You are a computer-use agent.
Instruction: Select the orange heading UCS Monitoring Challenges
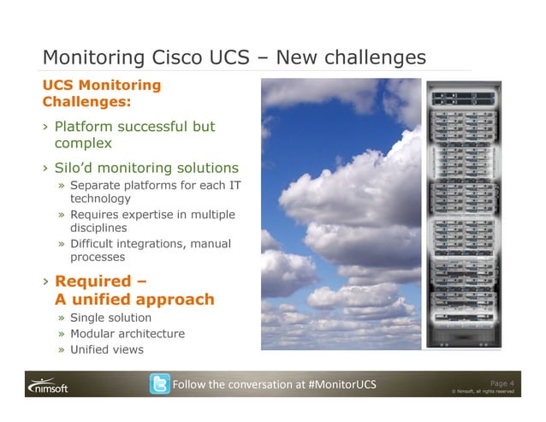pos(102,93)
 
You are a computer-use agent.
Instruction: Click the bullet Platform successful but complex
pos(134,135)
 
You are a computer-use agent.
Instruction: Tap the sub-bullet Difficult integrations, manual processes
pos(150,250)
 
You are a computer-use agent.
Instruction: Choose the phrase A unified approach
pos(134,300)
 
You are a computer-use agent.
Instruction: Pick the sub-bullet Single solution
pos(110,318)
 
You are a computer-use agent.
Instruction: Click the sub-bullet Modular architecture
pos(127,334)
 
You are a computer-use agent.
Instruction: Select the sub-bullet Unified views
pos(106,349)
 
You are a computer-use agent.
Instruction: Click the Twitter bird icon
pos(159,384)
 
